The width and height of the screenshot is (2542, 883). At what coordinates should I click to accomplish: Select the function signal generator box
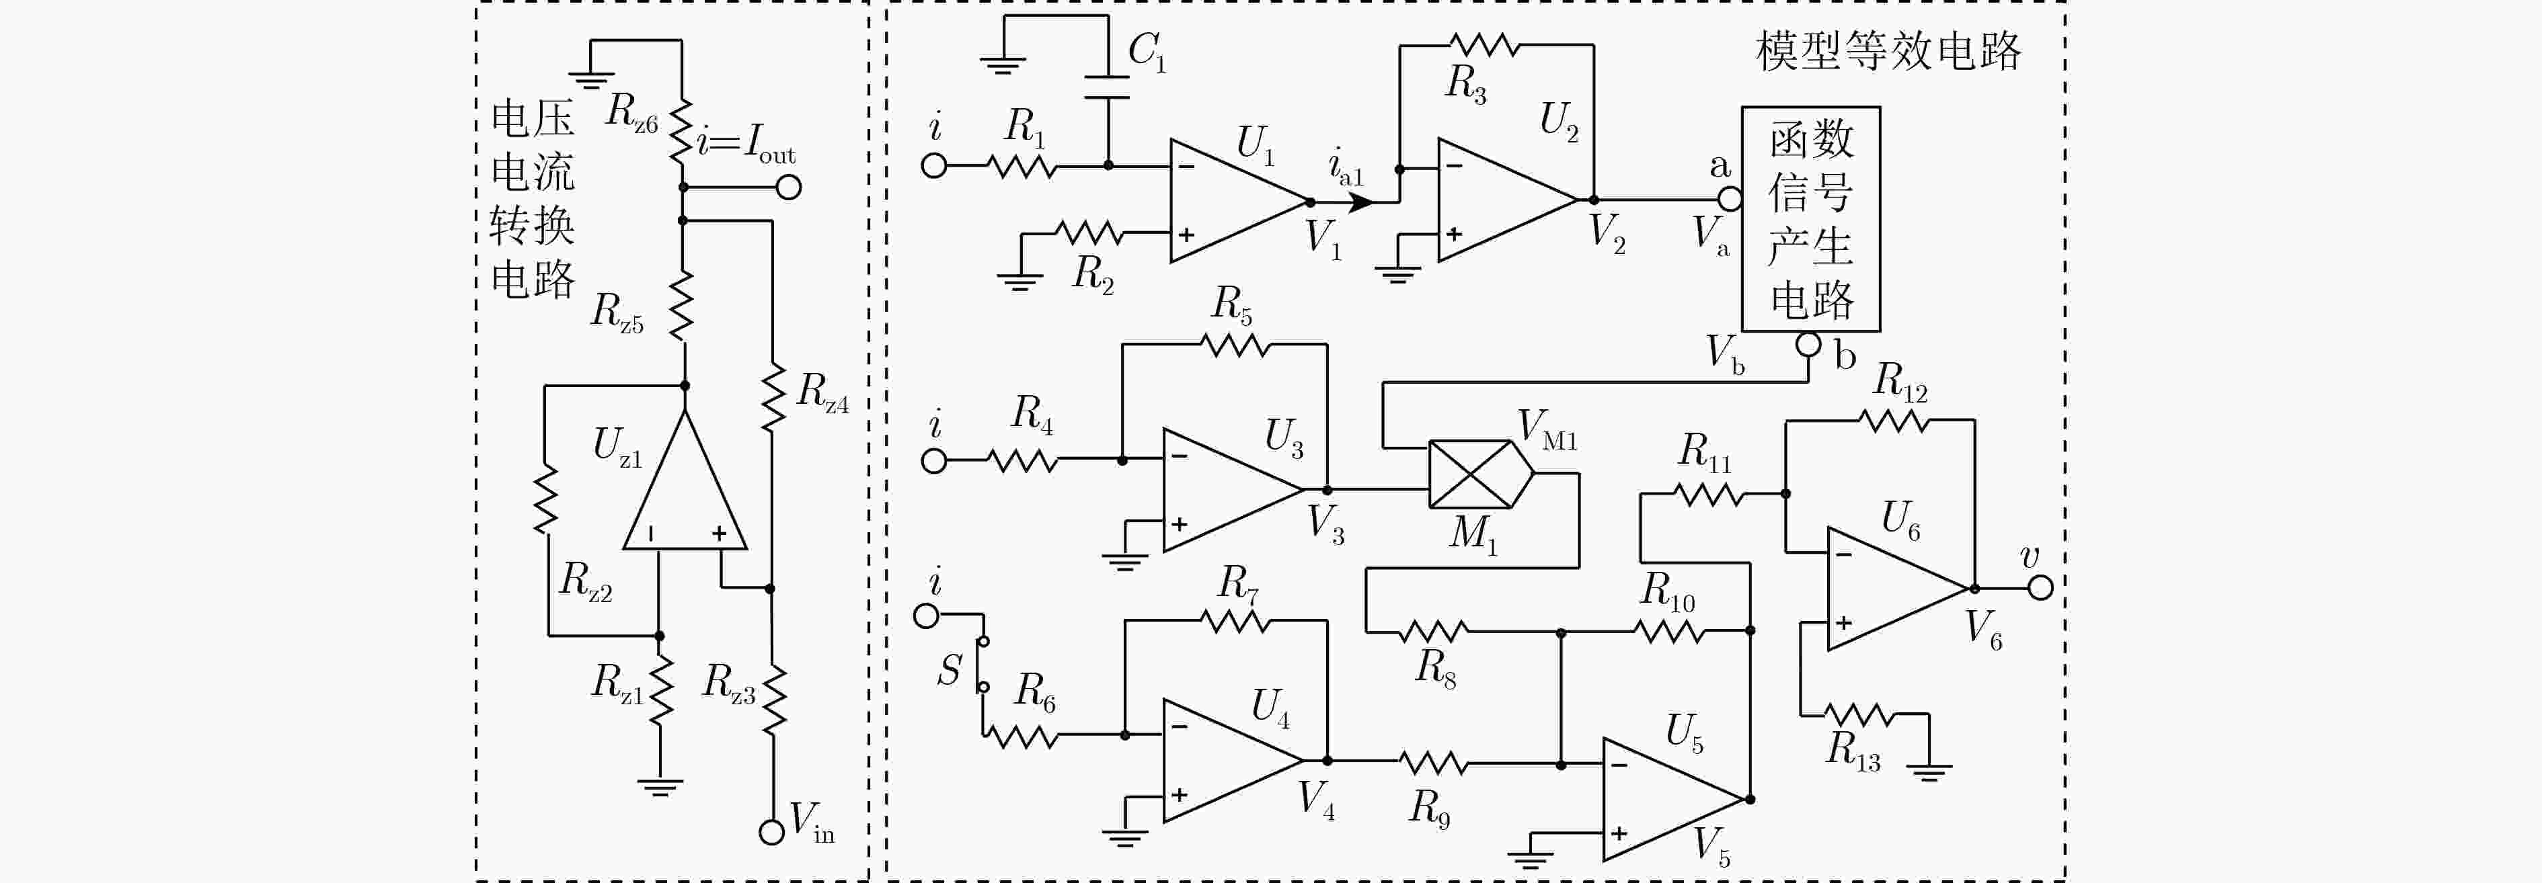click(x=1811, y=219)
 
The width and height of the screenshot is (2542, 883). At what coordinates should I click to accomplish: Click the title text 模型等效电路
click(x=1888, y=50)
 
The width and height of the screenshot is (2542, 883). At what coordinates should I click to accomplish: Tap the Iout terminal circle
click(x=788, y=186)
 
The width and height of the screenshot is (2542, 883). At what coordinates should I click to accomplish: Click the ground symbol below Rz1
click(x=659, y=786)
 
